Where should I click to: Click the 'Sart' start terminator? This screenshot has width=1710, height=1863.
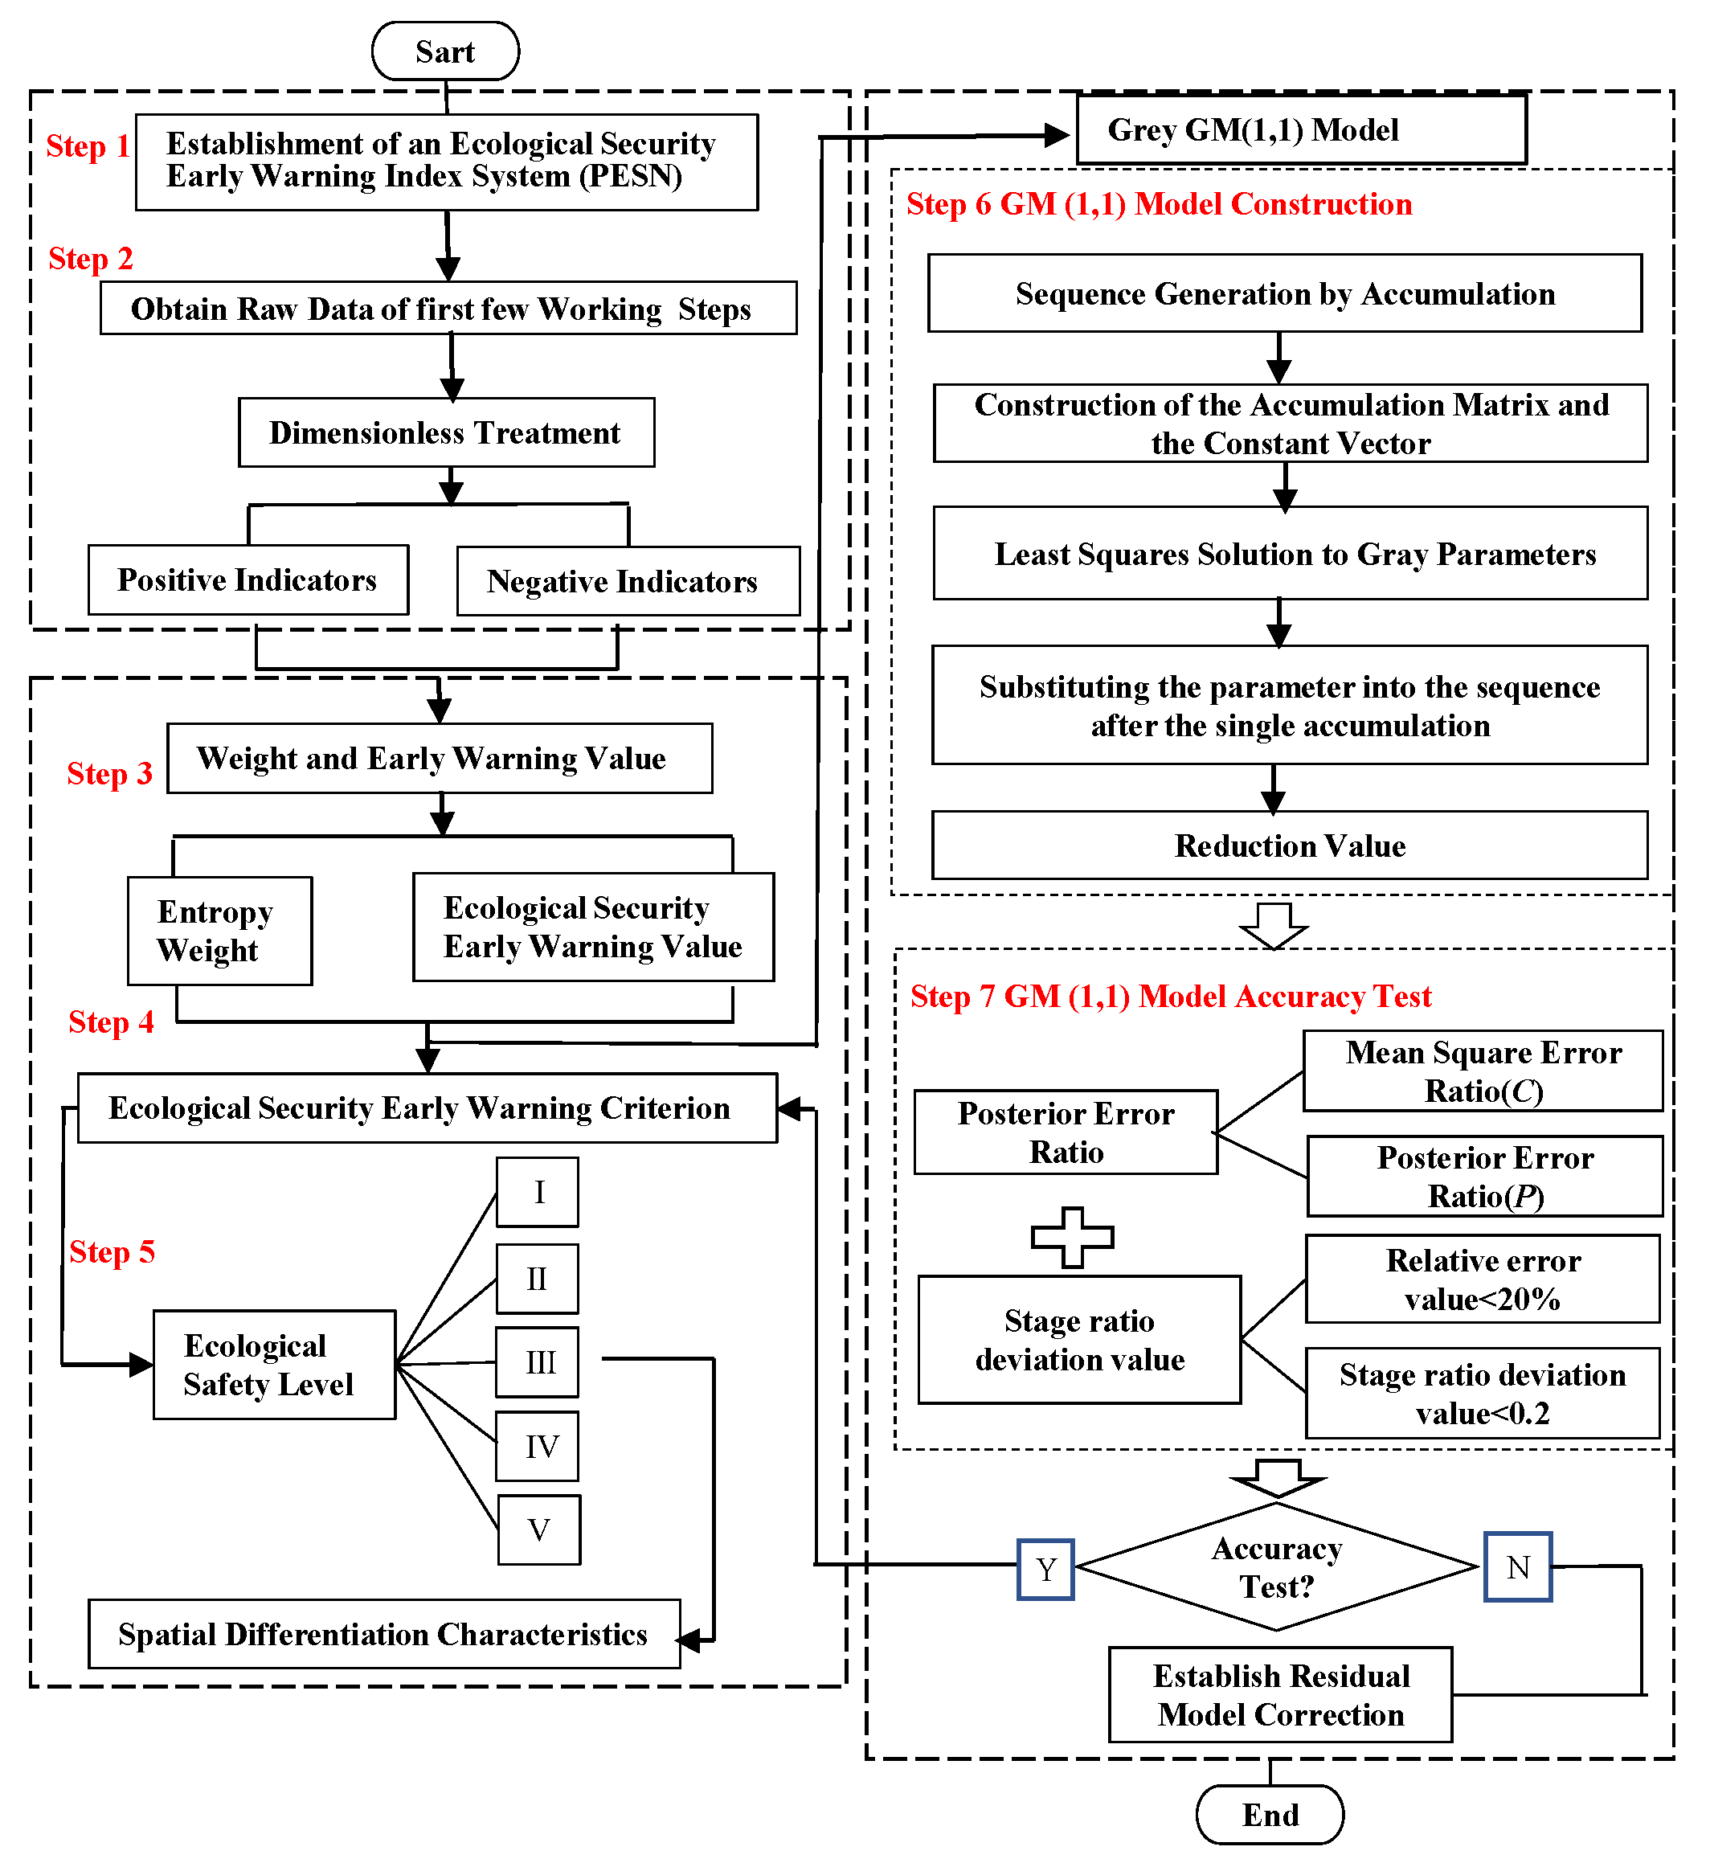(445, 51)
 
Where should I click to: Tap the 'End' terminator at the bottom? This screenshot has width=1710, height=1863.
(1270, 1814)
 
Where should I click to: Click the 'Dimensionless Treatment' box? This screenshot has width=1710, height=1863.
(446, 432)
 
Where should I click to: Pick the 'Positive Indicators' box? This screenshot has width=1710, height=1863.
(248, 580)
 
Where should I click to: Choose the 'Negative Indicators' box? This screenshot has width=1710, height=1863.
(628, 581)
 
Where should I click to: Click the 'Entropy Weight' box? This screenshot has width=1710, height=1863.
(219, 931)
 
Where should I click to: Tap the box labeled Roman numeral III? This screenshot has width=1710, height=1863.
(538, 1362)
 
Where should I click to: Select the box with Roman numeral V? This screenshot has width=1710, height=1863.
(538, 1529)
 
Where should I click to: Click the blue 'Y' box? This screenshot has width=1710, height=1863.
(1045, 1569)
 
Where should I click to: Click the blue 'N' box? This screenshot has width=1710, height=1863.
(1517, 1567)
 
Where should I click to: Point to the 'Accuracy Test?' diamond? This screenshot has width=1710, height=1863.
(1277, 1567)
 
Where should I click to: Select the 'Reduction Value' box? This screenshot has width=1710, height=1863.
(1289, 845)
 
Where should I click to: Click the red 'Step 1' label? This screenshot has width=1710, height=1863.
(87, 146)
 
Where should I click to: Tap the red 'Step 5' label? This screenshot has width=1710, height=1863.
(112, 1251)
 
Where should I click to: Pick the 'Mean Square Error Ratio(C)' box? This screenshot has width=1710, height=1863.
(1483, 1071)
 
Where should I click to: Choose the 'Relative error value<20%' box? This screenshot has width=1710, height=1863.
(1483, 1279)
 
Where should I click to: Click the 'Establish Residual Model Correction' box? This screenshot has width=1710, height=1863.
(1280, 1694)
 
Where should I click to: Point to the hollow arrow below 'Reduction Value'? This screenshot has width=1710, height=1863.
(1274, 924)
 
